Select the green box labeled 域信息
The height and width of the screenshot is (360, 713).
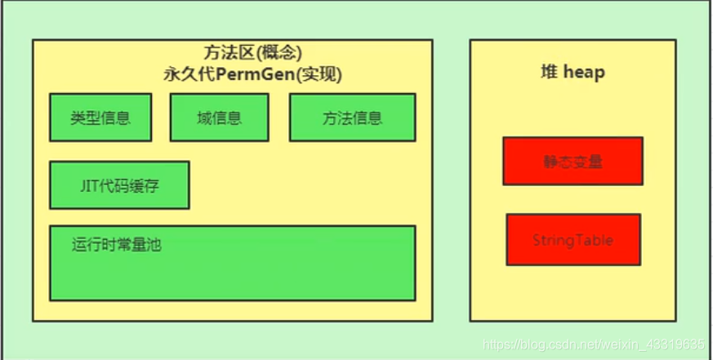[219, 117]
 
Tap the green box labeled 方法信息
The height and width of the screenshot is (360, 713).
[352, 117]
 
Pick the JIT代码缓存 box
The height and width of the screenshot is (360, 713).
[119, 185]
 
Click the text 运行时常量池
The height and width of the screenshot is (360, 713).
[116, 243]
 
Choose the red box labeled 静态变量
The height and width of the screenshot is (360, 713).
[573, 161]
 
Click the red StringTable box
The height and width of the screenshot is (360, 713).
[573, 240]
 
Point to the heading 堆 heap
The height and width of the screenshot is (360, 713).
[573, 72]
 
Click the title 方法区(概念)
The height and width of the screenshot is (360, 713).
[252, 53]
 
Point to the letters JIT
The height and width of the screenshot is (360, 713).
[89, 185]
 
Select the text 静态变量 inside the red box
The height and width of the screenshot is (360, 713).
[573, 161]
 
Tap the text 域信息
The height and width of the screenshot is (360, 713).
[219, 117]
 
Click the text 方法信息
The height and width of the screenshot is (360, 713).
[352, 117]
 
